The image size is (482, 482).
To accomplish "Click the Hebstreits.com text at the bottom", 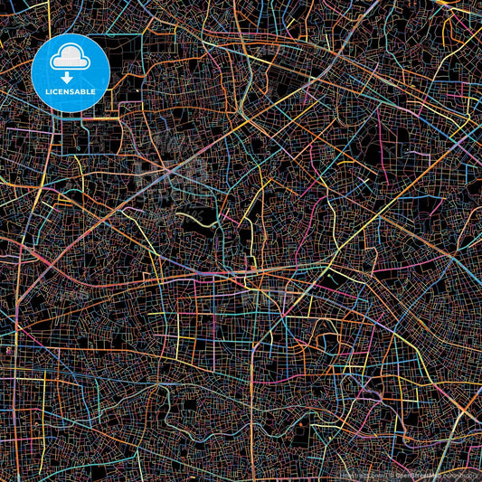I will click(x=354, y=472).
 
